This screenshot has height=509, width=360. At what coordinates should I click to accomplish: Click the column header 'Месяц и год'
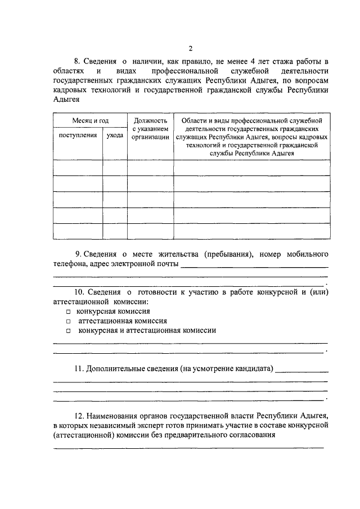click(x=90, y=120)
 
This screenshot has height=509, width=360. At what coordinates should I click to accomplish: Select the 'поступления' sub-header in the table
click(x=78, y=136)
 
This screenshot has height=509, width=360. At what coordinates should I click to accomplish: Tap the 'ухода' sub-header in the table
click(x=115, y=136)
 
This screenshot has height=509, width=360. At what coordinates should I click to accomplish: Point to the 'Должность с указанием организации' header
click(x=150, y=128)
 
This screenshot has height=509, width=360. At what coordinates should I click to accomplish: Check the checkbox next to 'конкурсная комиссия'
click(x=68, y=311)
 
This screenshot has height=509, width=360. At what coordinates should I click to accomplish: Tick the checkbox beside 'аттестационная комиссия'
click(x=68, y=321)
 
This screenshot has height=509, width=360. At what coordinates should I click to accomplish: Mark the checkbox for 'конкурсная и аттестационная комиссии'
click(x=68, y=331)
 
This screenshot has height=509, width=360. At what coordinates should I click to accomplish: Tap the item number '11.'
click(x=79, y=370)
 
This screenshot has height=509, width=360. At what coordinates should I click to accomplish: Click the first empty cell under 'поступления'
click(x=78, y=168)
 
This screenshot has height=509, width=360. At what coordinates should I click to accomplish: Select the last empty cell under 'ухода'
click(x=115, y=231)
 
